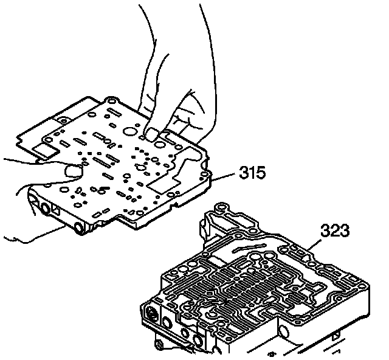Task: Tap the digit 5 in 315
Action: click(261, 173)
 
